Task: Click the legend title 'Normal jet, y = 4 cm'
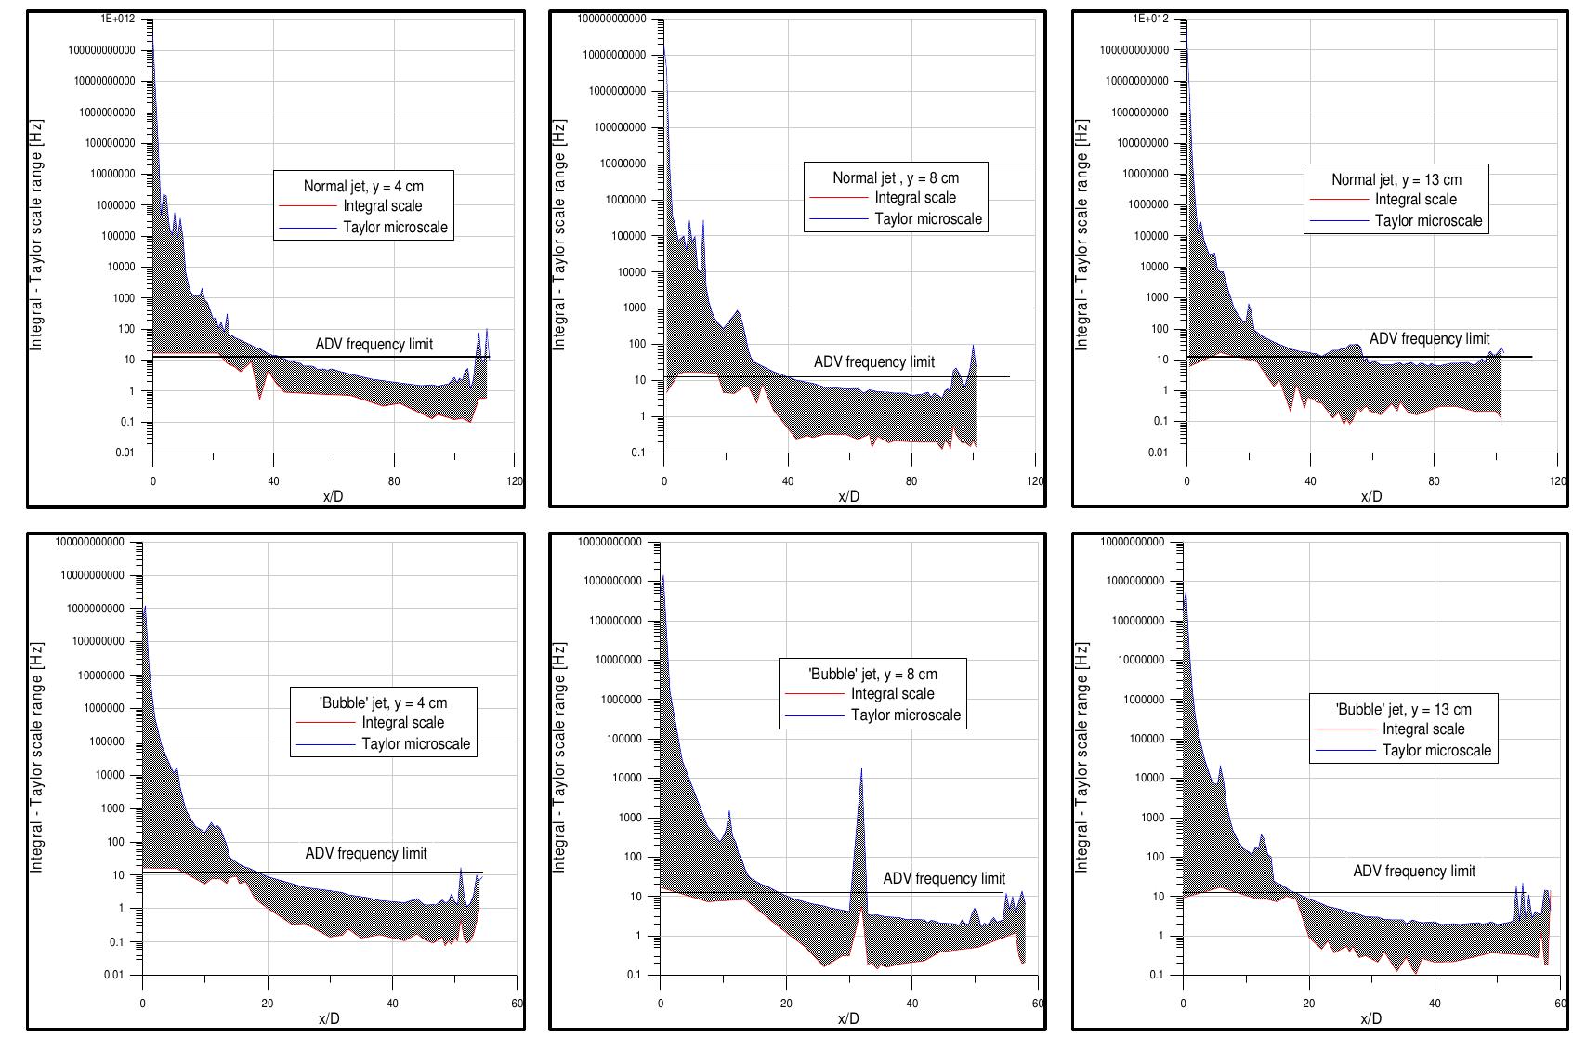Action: click(363, 186)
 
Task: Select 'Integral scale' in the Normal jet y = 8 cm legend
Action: click(915, 198)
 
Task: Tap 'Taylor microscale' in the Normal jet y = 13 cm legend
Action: click(1428, 221)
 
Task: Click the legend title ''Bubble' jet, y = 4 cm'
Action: click(383, 702)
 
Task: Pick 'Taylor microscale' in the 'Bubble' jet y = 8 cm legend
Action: click(905, 715)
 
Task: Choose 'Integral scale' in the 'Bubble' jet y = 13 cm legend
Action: click(1422, 729)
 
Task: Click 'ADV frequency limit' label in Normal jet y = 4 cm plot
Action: click(374, 345)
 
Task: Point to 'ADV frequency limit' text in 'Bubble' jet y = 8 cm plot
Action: click(943, 878)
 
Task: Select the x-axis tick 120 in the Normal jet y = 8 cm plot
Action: click(1035, 481)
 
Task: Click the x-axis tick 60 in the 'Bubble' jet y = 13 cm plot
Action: click(1558, 1004)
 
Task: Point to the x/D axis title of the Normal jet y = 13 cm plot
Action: click(1370, 497)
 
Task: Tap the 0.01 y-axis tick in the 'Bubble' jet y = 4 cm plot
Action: click(111, 975)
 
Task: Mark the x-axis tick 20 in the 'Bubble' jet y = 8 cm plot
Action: click(786, 1004)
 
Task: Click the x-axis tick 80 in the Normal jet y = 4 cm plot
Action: click(394, 481)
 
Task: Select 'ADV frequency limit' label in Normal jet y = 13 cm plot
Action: click(1428, 339)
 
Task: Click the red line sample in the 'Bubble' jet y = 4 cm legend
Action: click(325, 723)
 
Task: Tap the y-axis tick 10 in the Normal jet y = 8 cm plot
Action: click(639, 380)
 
